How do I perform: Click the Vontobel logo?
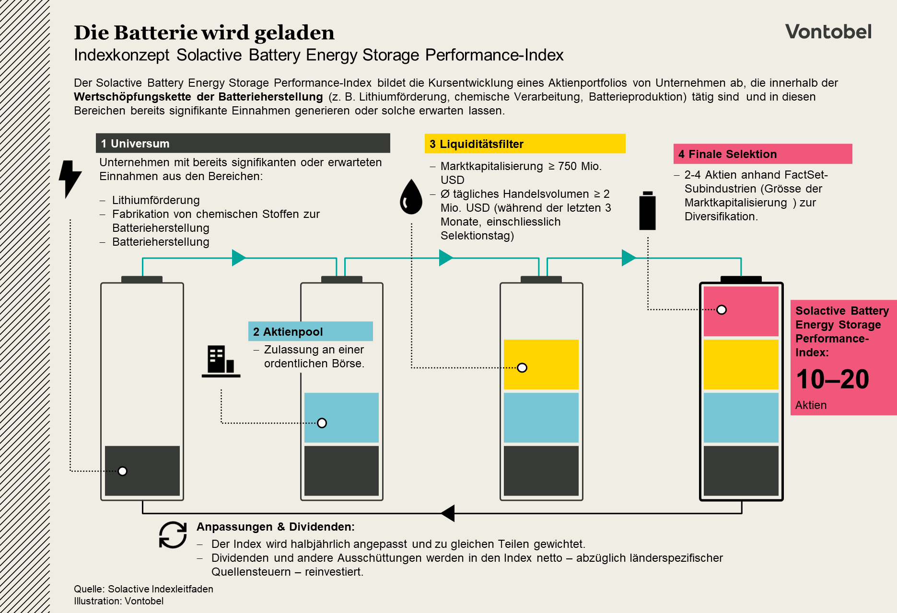pyautogui.click(x=828, y=32)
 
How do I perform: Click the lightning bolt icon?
pyautogui.click(x=70, y=178)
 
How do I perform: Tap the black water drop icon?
pyautogui.click(x=411, y=197)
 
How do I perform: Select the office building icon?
pyautogui.click(x=221, y=361)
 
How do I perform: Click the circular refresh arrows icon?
pyautogui.click(x=173, y=534)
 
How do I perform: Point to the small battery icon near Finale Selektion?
pyautogui.click(x=647, y=211)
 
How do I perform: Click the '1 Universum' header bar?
pyautogui.click(x=243, y=143)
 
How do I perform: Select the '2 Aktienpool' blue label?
pyautogui.click(x=310, y=331)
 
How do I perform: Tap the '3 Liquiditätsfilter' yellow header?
pyautogui.click(x=524, y=144)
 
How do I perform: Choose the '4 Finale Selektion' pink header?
pyautogui.click(x=762, y=154)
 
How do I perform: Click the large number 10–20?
pyautogui.click(x=832, y=379)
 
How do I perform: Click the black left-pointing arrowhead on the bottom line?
pyautogui.click(x=448, y=513)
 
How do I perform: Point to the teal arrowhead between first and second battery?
pyautogui.click(x=238, y=258)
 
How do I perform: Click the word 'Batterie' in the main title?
pyautogui.click(x=156, y=33)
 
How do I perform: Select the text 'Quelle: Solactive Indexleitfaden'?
pyautogui.click(x=143, y=589)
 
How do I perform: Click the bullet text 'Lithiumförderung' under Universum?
pyautogui.click(x=156, y=200)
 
